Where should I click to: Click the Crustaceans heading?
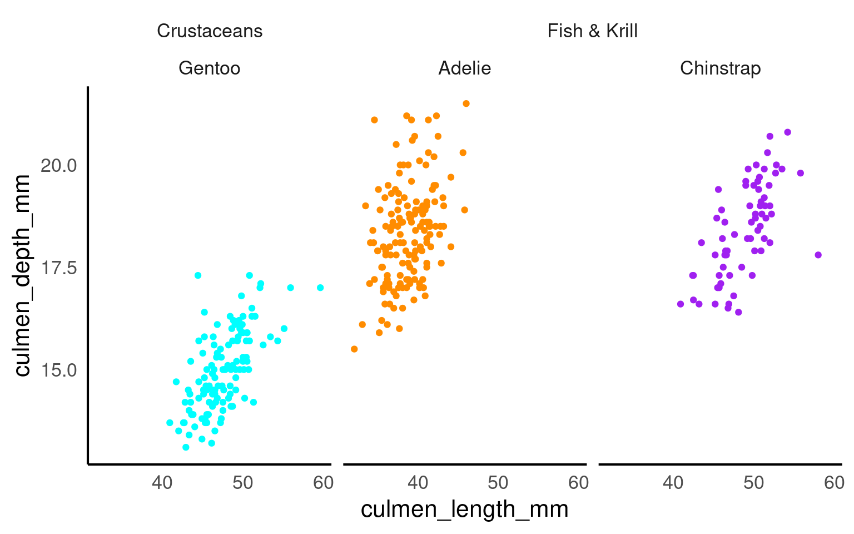tap(210, 31)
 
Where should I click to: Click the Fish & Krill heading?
tap(592, 31)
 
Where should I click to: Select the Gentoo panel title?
tap(209, 68)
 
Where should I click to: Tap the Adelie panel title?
tap(464, 68)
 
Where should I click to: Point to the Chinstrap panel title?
tap(720, 68)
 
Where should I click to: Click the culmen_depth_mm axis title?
tap(22, 275)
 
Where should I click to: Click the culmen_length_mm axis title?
tap(464, 510)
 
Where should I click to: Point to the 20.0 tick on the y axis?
tap(58, 165)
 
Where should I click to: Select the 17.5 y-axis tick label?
tap(58, 268)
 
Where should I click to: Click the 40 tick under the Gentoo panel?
tap(162, 483)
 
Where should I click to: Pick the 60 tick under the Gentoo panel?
tap(323, 483)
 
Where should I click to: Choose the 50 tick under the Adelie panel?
tap(498, 483)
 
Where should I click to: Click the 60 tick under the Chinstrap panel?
tap(834, 483)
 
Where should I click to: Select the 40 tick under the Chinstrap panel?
tap(673, 483)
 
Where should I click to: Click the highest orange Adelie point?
tap(466, 103)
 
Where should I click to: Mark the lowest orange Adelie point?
tap(354, 349)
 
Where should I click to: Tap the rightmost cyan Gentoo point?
tap(320, 288)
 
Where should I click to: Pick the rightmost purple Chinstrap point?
tap(818, 255)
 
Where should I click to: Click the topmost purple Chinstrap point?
tap(787, 132)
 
